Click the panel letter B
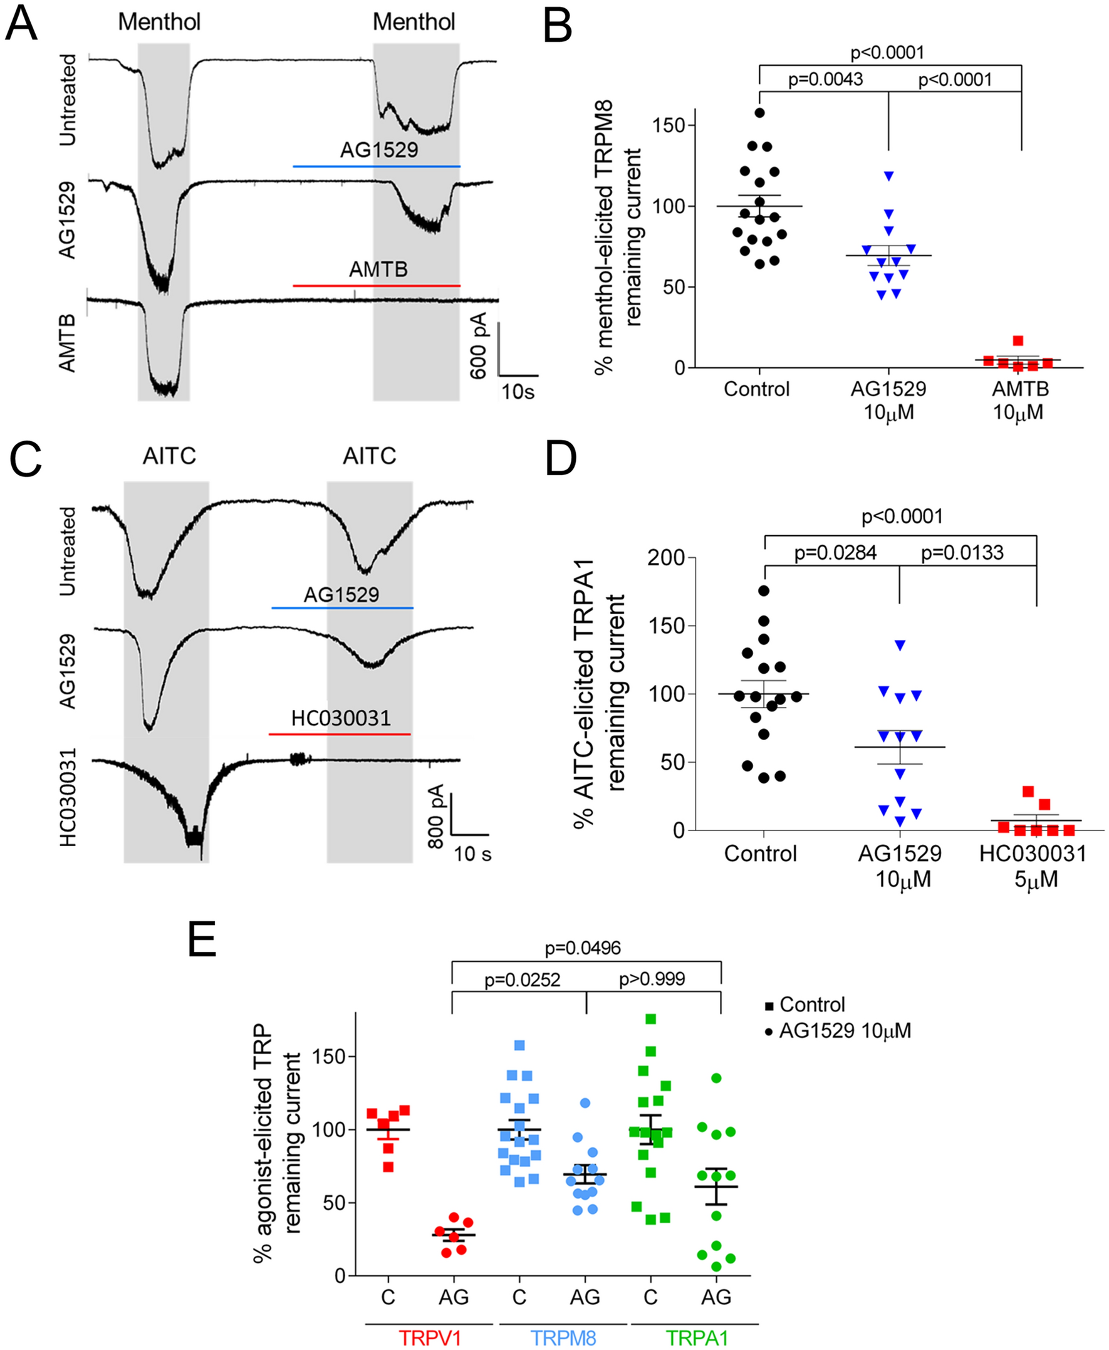(557, 27)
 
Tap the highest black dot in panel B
(759, 113)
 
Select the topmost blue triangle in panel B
(888, 175)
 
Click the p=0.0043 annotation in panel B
(825, 79)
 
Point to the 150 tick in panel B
(669, 125)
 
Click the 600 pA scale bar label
(479, 345)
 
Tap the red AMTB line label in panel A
(378, 269)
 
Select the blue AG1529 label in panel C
(341, 595)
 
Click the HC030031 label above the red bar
(340, 718)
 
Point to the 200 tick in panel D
(666, 557)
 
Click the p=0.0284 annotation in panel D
(835, 553)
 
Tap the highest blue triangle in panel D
(900, 646)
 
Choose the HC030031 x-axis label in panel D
(1033, 854)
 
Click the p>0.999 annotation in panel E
(652, 979)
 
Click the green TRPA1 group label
(697, 1337)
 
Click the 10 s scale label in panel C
(472, 854)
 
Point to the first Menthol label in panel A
(159, 22)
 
